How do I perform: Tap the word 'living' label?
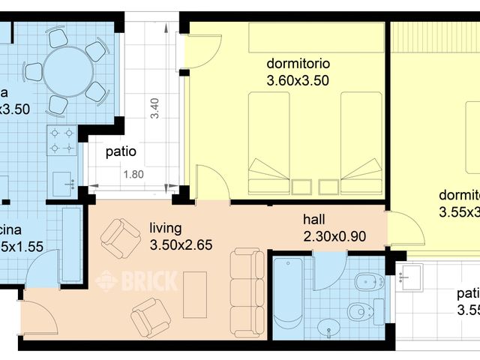166,227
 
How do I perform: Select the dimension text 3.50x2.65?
181,244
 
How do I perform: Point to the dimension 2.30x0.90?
334,236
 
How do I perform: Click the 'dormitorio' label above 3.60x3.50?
298,63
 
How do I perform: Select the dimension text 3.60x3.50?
298,79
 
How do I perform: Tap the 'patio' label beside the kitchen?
121,151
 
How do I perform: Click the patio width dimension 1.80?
133,175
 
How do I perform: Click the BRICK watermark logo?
137,280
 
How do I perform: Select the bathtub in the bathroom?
288,295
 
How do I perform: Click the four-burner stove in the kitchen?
61,140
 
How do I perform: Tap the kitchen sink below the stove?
63,181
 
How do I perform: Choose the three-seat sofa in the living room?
247,292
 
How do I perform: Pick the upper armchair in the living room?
120,238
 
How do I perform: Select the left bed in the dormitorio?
268,142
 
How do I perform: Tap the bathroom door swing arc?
327,274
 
